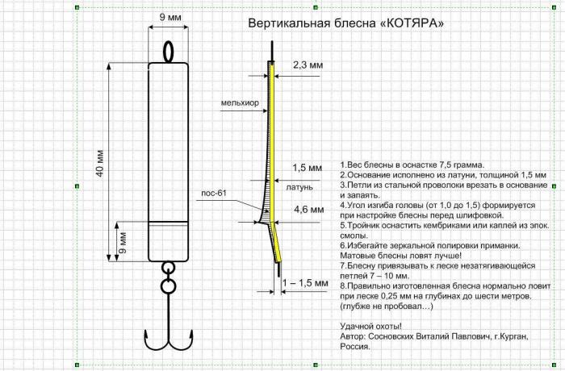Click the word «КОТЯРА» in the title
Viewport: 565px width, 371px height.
[x=412, y=23]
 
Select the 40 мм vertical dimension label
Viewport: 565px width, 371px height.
[x=101, y=164]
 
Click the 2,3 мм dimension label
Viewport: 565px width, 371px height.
[x=308, y=64]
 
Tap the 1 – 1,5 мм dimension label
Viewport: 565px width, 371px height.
[x=306, y=283]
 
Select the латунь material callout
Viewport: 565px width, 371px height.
[x=299, y=187]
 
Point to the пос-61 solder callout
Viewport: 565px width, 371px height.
[x=215, y=193]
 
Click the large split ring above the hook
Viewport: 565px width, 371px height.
[x=168, y=286]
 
